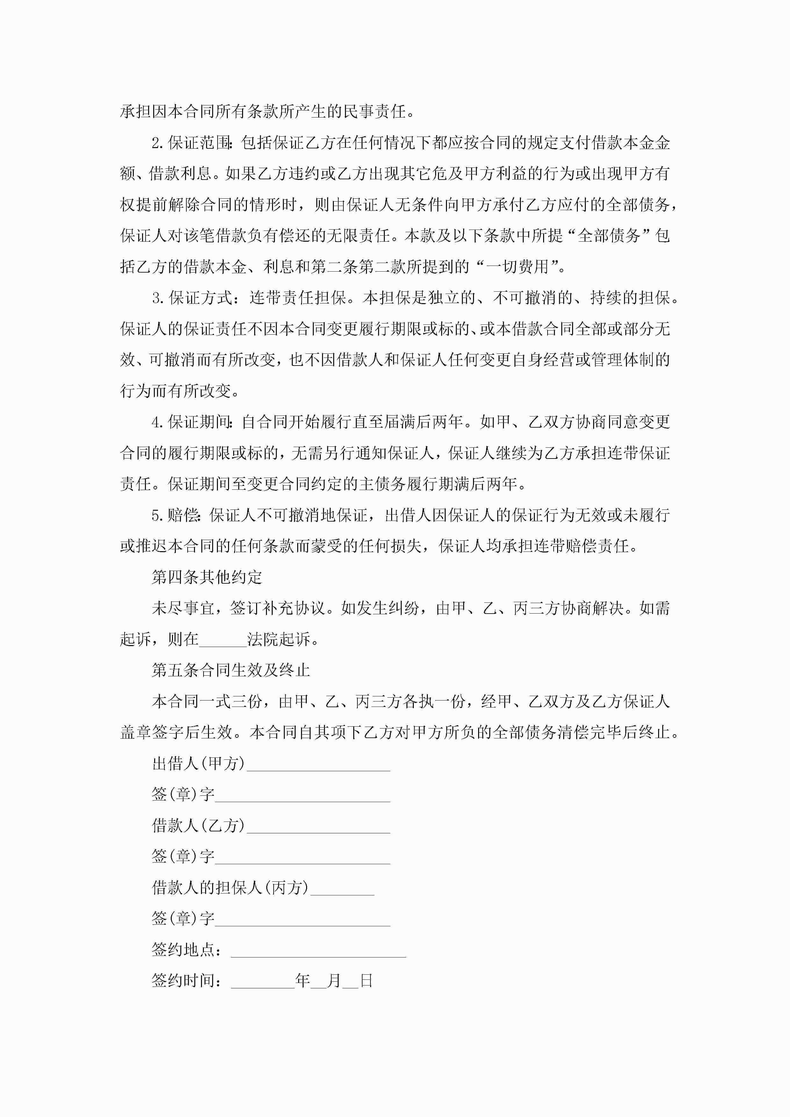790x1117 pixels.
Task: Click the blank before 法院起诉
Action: click(223, 639)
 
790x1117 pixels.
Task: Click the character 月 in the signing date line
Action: click(334, 981)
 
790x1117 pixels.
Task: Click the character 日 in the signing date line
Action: click(366, 981)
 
